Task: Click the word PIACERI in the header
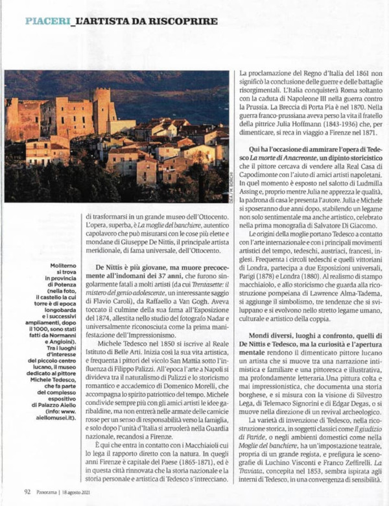[47, 21]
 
